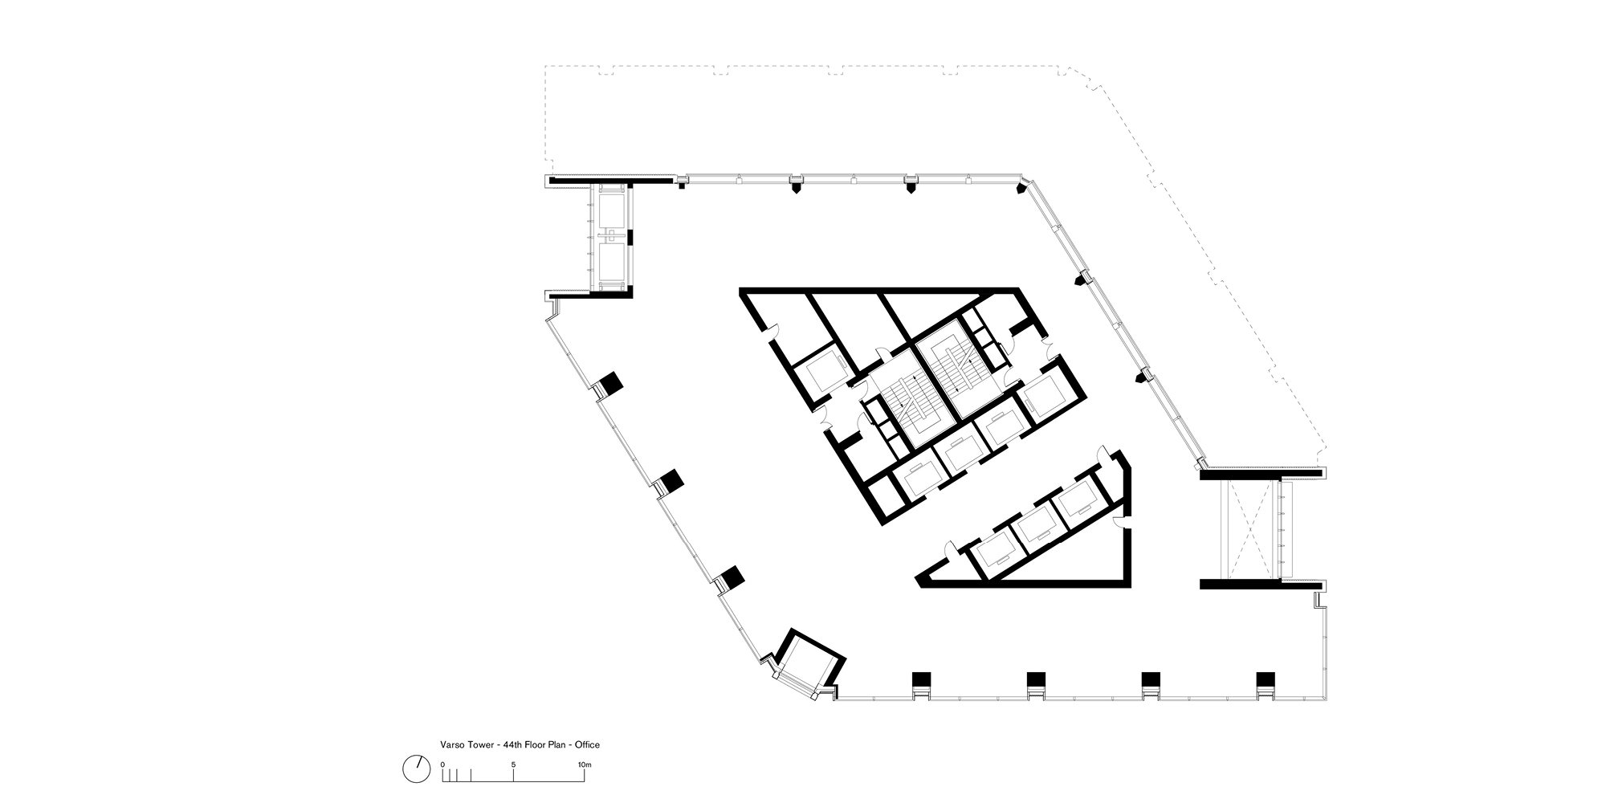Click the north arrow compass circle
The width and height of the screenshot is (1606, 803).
[415, 768]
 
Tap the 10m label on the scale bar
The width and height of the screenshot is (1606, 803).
[584, 764]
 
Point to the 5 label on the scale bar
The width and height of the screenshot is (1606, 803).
[513, 764]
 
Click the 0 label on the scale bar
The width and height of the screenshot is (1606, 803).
[443, 764]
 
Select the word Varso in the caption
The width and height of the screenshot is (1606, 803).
[451, 744]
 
